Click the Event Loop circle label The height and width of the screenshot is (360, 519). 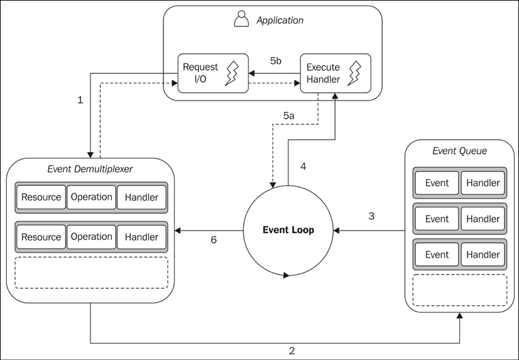click(288, 230)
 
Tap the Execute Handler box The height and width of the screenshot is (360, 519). click(335, 73)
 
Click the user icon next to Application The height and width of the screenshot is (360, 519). click(241, 19)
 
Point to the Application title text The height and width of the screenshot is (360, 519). click(280, 20)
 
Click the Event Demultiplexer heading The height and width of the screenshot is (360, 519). click(90, 168)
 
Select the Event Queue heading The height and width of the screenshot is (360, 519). click(459, 151)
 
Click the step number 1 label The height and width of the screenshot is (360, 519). click(80, 101)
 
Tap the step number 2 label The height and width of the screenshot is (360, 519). click(292, 351)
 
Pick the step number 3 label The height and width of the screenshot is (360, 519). click(371, 216)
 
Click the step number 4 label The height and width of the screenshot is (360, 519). click(303, 166)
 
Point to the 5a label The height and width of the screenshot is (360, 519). click(288, 116)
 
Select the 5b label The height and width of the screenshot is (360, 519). click(276, 61)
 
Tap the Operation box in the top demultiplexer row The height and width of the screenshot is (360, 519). click(91, 197)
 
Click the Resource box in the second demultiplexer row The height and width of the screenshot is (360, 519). click(41, 237)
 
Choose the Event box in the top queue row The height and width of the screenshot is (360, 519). click(437, 183)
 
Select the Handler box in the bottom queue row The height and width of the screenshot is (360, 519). click(483, 254)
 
